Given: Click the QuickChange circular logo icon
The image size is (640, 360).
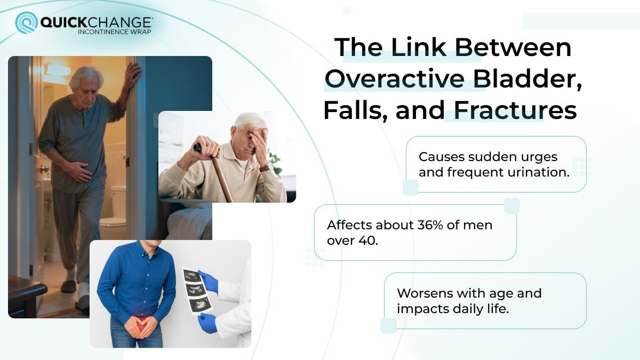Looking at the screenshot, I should (x=26, y=22).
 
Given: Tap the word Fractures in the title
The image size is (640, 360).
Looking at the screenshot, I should (x=515, y=110).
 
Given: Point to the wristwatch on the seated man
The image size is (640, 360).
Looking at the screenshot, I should (x=264, y=167).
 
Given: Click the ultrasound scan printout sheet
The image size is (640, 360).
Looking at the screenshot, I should (x=197, y=291).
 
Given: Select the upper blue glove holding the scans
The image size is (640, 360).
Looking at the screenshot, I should (x=209, y=281).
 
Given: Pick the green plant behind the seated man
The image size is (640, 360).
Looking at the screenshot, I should (x=275, y=162).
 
